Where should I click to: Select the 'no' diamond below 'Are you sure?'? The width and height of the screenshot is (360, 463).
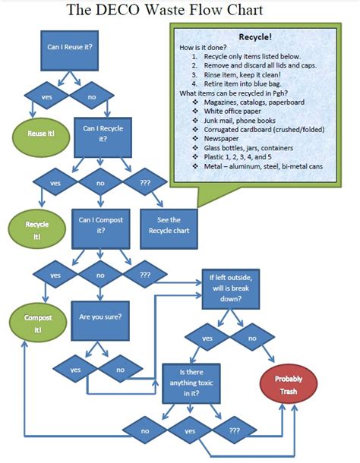(x=120, y=370)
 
